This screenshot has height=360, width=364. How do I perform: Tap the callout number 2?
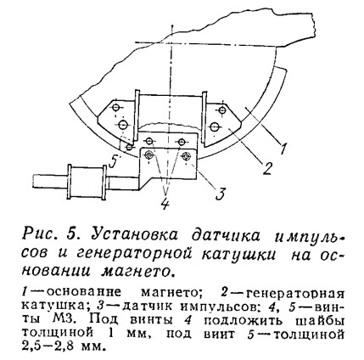[x=267, y=168]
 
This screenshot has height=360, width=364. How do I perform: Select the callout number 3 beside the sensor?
[x=221, y=194]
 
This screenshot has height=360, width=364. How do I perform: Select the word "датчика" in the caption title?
[x=226, y=235]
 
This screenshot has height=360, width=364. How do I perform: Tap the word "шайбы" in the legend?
[x=318, y=320]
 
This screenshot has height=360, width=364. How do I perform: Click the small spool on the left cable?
[x=87, y=183]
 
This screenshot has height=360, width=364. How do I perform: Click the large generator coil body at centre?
[x=171, y=111]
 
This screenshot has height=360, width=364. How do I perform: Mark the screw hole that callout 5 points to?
[x=129, y=147]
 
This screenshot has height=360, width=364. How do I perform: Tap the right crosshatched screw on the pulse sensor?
[x=186, y=155]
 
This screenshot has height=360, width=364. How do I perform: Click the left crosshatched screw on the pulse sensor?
[x=148, y=155]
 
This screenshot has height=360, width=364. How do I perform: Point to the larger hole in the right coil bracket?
[x=215, y=127]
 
